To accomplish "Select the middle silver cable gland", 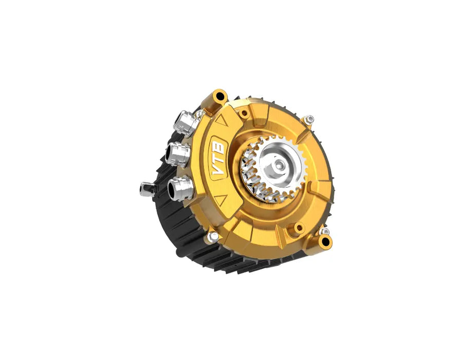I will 177,152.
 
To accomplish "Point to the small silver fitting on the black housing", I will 144,189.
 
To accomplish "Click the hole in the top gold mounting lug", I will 221,96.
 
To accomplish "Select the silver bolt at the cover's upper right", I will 310,120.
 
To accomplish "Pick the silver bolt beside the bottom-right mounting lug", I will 324,232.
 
